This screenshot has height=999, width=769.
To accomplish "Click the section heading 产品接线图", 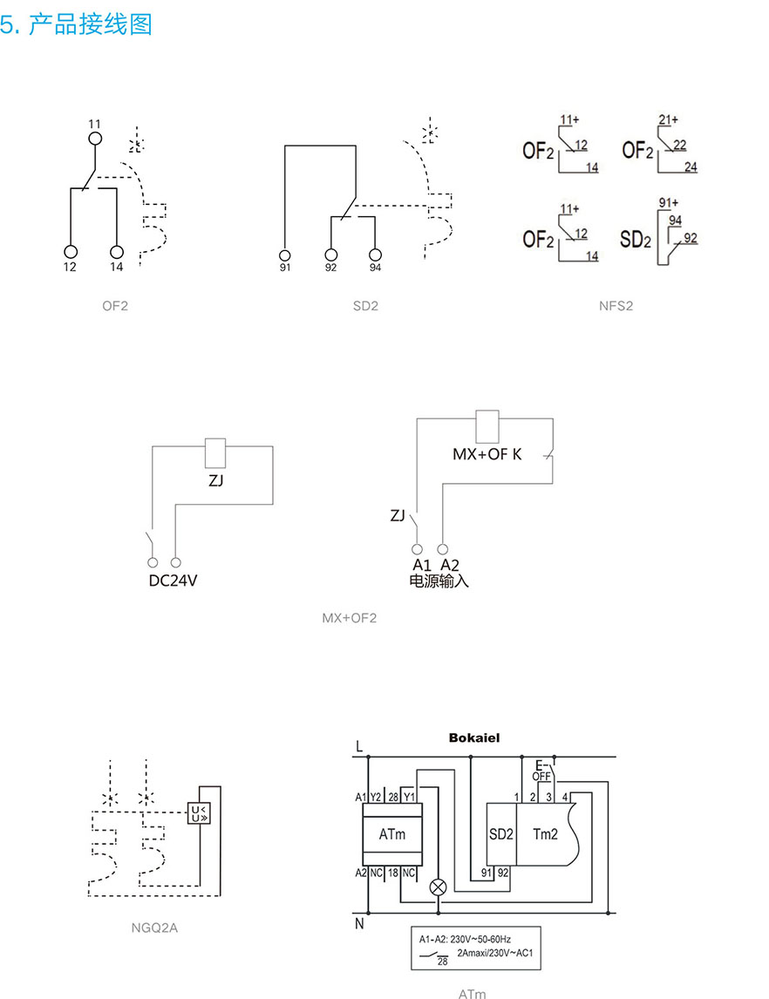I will pos(90,24).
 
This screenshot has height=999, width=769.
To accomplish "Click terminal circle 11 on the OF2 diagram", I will pos(95,138).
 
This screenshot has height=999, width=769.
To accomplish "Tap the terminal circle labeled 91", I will pos(285,255).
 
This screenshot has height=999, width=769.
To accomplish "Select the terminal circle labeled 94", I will pos(375,255).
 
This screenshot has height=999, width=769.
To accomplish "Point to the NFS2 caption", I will pos(616,306).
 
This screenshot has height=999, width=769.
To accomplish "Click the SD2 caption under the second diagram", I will pos(366,306).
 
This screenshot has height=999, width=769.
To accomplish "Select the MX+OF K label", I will pos(487,455).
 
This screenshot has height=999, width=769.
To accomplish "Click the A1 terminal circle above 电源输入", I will pos(418,549).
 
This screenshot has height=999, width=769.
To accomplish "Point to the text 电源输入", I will pos(439,581).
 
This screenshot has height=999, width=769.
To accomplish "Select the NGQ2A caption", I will pos(153,928).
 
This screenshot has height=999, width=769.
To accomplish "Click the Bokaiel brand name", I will pos(474,737).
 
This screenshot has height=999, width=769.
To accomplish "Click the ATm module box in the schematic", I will pos(391,834).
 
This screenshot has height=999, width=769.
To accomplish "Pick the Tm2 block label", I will pos(545,834).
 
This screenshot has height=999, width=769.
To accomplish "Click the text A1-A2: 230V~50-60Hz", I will pos(465,940).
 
